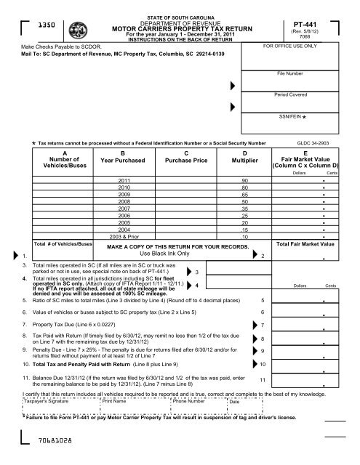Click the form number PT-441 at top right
point(307,24)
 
